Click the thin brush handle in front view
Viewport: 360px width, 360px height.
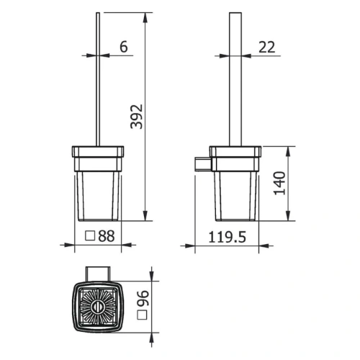(x=97, y=79)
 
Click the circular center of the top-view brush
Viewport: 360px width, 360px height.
(x=97, y=307)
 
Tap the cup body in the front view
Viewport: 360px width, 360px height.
(x=97, y=191)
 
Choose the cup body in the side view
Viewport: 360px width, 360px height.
(x=238, y=191)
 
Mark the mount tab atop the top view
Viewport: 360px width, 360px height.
(x=97, y=274)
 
